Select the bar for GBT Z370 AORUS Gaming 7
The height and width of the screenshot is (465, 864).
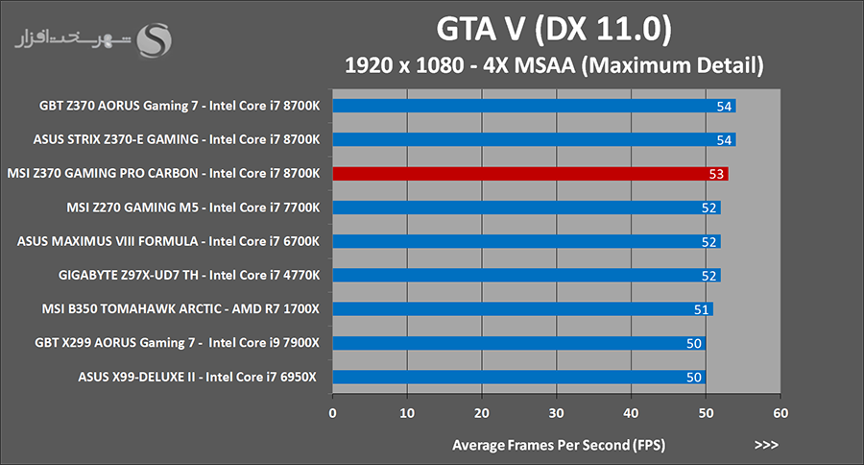click(x=534, y=106)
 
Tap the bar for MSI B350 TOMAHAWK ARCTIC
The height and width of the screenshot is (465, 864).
click(x=522, y=308)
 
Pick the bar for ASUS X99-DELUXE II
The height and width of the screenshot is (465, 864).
click(x=518, y=377)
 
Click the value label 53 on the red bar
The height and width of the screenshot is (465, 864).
click(x=714, y=174)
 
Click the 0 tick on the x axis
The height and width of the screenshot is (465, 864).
click(x=333, y=413)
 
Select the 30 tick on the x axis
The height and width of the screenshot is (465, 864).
click(x=557, y=413)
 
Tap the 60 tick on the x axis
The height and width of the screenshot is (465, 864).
click(x=780, y=413)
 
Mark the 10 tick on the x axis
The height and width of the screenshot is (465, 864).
click(x=408, y=413)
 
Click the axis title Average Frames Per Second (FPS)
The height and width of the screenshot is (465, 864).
click(x=558, y=445)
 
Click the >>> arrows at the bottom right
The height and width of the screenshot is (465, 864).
click(x=766, y=445)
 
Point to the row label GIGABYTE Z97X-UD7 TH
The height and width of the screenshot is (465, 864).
click(x=188, y=275)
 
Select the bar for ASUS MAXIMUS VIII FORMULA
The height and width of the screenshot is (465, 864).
click(x=526, y=241)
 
